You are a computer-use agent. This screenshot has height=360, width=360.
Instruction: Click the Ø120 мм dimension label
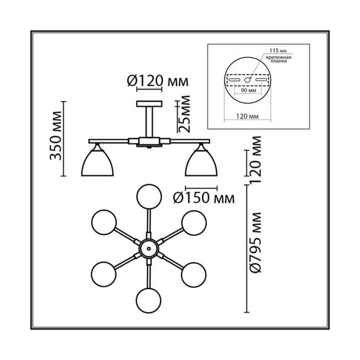pos(158,81)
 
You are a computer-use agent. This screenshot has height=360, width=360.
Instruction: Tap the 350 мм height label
pos(56,136)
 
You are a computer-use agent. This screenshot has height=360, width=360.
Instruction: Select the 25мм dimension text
pos(184,114)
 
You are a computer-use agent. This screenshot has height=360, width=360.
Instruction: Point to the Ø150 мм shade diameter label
pos(204,198)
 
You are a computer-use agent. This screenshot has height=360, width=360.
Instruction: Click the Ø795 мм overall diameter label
pos(256,242)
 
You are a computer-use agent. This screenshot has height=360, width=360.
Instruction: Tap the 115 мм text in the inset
pos(278,50)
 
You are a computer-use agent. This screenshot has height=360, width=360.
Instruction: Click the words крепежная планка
pos(278,59)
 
